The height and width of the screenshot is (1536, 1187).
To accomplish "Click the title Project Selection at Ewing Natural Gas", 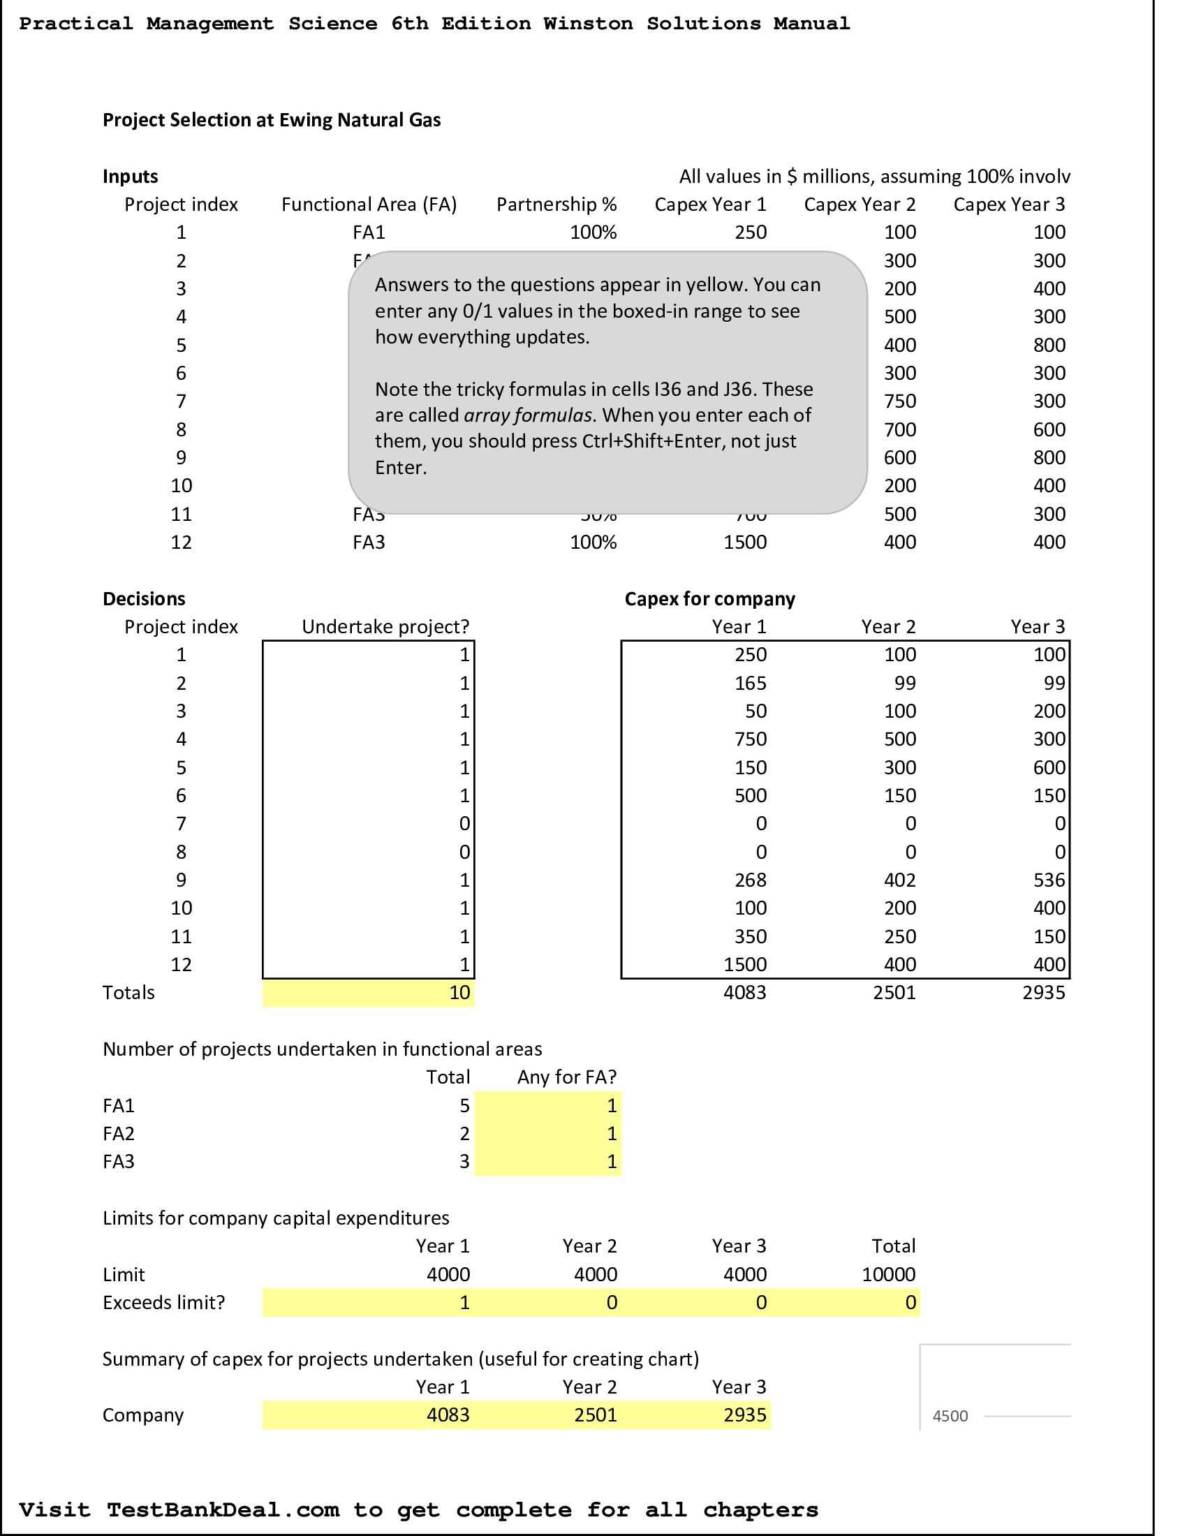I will point(272,120).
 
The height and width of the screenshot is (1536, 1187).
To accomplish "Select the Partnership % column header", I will point(556,205).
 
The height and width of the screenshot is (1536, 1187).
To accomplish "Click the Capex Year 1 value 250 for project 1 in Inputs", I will point(750,232).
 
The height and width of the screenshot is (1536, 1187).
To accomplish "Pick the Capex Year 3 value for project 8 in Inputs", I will point(1049,429).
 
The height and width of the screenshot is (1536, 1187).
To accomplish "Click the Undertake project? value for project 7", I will point(464,824).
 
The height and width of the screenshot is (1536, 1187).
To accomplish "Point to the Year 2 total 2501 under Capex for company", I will point(894,992).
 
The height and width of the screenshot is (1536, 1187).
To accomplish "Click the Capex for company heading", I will point(709,598).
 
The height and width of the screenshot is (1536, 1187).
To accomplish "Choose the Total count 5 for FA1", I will point(464,1106).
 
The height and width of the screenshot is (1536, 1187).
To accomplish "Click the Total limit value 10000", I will point(888,1274).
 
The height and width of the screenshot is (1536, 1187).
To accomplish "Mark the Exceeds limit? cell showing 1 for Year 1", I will point(464,1303).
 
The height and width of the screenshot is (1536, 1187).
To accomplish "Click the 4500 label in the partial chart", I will point(950,1417).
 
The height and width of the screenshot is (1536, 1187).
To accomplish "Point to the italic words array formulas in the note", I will point(527,415).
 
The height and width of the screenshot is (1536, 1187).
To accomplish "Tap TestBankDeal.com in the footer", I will point(223,1509).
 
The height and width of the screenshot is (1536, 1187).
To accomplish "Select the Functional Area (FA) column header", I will point(369,205).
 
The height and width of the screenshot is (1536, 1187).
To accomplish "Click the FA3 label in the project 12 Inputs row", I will point(369,542).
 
